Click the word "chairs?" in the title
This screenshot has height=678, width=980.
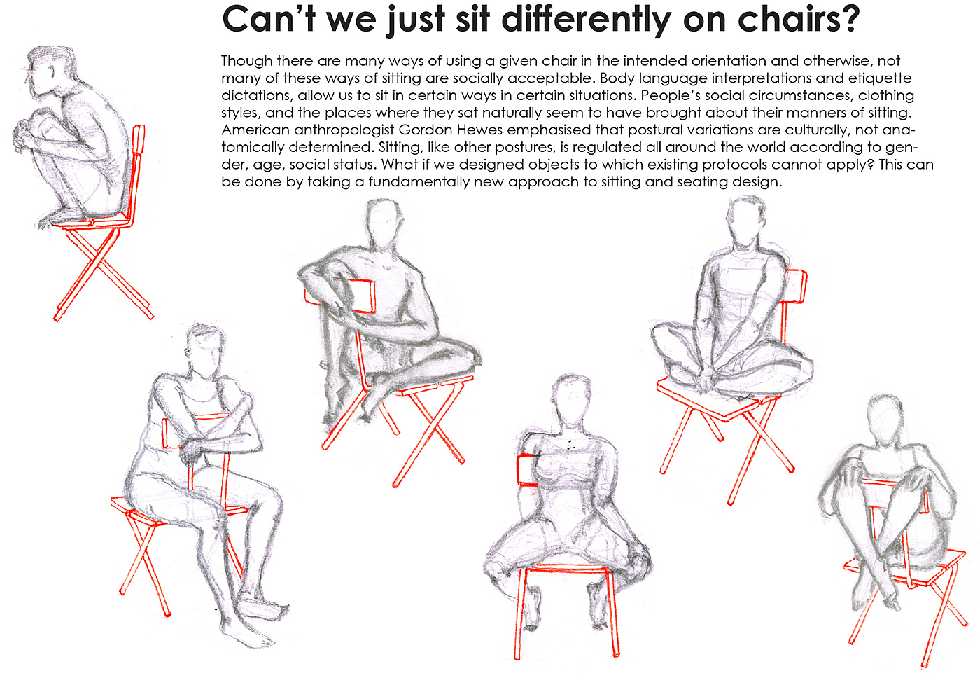(799, 19)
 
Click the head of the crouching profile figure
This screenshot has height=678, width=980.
(50, 70)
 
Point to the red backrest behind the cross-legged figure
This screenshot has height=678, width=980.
(797, 286)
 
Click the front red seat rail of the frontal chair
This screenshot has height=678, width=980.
(566, 569)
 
